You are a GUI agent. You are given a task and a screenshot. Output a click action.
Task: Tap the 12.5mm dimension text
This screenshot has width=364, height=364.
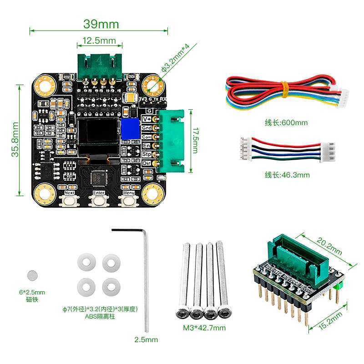tap(99, 41)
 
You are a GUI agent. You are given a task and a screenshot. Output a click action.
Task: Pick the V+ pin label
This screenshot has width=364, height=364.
tap(147, 119)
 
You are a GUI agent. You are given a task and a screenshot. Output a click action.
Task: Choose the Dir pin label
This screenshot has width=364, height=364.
tap(147, 163)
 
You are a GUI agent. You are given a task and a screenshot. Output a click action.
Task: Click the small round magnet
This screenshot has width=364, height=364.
tap(32, 274)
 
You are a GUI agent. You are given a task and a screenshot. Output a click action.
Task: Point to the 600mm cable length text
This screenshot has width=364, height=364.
tap(286, 122)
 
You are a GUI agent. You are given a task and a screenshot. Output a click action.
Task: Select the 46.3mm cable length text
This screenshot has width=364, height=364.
tap(287, 175)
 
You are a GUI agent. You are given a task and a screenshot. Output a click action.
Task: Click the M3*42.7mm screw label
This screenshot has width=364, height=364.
tap(204, 328)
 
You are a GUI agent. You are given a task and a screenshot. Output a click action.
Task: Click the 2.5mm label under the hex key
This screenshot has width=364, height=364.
tap(146, 339)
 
